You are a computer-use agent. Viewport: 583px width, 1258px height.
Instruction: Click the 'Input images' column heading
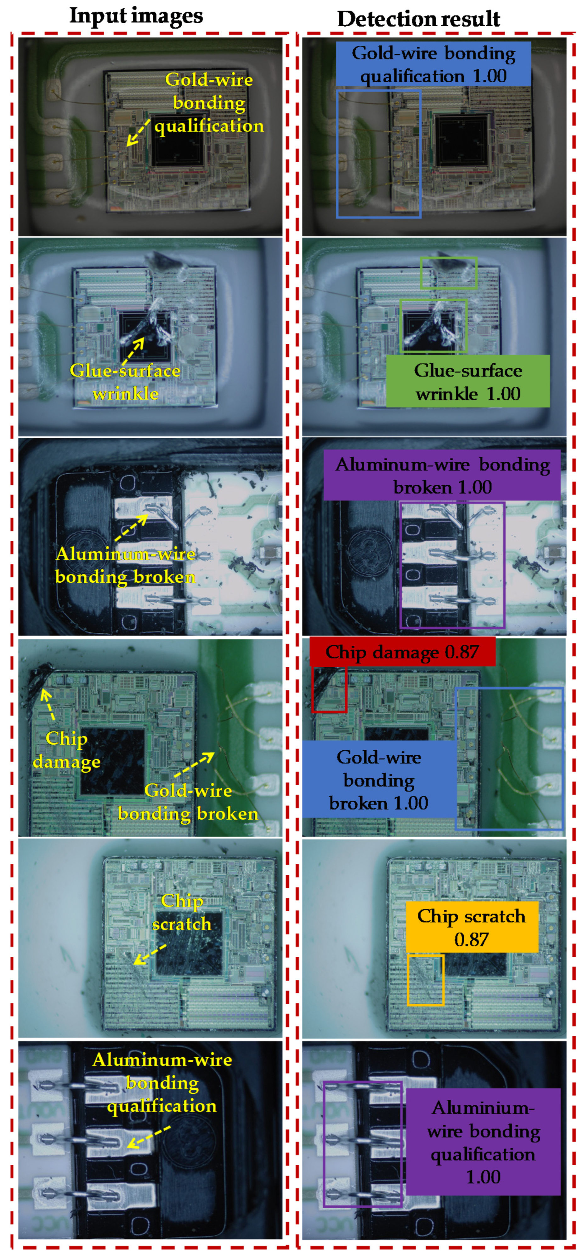point(136,16)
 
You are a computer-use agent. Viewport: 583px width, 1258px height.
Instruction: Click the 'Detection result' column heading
point(419,19)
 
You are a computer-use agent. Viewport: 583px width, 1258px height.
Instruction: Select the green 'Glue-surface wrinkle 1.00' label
point(468,381)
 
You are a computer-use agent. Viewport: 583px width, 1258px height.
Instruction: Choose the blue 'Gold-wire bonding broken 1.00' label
point(380,779)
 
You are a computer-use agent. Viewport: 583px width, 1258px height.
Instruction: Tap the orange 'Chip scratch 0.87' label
point(472,927)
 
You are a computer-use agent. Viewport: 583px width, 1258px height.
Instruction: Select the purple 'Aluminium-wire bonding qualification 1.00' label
point(483,1141)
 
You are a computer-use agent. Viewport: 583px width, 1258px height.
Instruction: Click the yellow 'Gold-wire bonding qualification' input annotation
point(209,102)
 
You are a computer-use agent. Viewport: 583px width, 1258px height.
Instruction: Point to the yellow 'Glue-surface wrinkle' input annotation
point(125,382)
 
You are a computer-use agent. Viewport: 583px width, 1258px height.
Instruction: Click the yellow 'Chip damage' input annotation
point(67,750)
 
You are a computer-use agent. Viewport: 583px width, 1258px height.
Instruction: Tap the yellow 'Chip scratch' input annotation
point(182,912)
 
